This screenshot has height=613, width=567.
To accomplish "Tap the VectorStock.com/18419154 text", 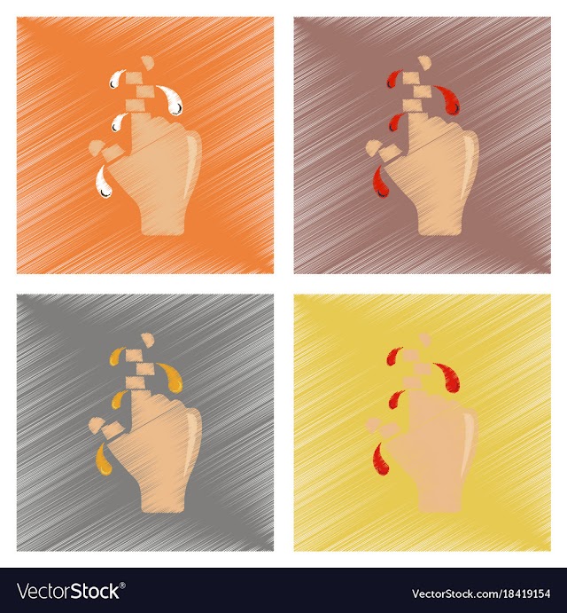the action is click(x=481, y=593).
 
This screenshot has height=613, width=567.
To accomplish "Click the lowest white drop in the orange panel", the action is click(x=104, y=183).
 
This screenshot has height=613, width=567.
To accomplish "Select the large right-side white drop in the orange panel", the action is click(x=172, y=100).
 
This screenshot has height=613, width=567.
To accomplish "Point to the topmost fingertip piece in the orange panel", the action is click(x=148, y=62).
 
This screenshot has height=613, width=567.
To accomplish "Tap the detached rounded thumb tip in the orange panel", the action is click(x=96, y=148).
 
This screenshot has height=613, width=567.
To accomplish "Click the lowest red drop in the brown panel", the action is click(x=381, y=183).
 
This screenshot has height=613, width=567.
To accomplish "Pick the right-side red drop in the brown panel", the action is click(x=449, y=100).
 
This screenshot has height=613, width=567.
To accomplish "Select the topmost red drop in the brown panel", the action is click(x=392, y=79).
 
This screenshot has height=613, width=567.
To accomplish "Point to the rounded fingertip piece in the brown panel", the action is click(x=425, y=62).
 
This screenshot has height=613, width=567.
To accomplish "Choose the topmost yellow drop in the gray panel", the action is click(x=114, y=357).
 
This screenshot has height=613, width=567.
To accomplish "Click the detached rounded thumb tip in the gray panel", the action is click(x=96, y=425).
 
